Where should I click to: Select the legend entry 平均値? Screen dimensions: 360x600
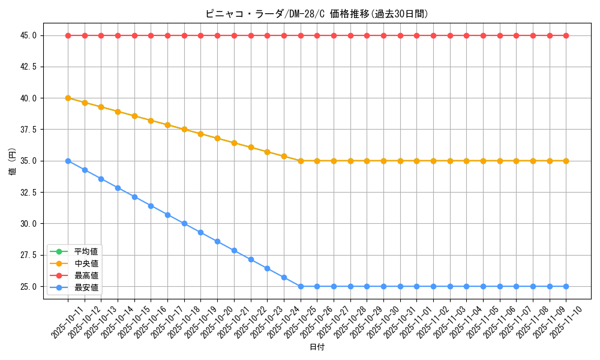pos(86,251)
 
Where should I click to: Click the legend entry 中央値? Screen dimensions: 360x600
pos(86,263)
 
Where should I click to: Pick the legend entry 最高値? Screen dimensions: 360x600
pos(86,275)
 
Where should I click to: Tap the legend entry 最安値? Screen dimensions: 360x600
pos(86,288)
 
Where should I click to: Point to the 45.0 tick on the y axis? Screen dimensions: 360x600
pos(28,35)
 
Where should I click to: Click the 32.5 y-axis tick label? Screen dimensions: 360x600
pos(28,193)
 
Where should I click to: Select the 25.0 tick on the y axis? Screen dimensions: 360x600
pos(28,287)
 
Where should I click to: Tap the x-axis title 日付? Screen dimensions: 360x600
pos(317,347)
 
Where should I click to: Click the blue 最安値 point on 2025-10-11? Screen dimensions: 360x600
pos(68,161)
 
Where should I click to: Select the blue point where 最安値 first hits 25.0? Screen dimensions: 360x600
pos(301,286)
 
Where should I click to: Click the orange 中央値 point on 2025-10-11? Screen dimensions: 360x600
pos(68,98)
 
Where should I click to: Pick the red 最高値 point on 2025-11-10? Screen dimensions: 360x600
pos(566,35)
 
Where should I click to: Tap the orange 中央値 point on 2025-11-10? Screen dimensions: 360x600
pos(566,161)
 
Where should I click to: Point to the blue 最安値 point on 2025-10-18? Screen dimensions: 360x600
pos(184,223)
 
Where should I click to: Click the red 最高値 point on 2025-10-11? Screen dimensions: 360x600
pos(68,35)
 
